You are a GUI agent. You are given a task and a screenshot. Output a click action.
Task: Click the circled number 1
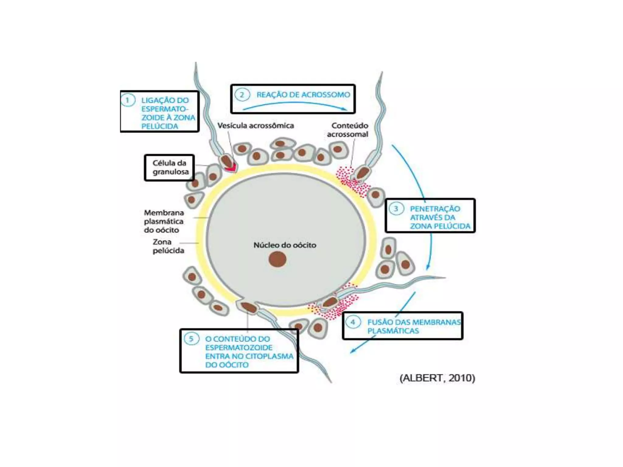tap(128, 100)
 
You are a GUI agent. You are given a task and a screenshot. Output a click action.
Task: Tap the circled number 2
tap(242, 95)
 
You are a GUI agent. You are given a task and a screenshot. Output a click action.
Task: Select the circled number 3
tap(396, 209)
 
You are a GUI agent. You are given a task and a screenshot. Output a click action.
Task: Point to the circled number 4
tap(353, 322)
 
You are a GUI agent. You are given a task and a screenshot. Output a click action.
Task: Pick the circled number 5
tap(191, 339)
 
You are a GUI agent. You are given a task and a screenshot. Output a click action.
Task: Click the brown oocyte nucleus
tap(277, 259)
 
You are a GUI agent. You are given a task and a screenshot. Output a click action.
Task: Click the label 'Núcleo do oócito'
tap(285, 245)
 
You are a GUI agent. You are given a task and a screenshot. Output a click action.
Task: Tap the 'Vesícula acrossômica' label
tap(256, 126)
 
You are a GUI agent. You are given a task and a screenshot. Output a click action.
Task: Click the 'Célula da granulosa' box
tap(169, 168)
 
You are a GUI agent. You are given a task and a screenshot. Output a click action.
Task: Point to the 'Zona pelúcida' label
tap(168, 246)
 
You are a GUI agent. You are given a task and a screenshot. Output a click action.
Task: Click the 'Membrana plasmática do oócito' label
tap(164, 221)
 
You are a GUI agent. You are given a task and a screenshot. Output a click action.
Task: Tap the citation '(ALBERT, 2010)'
tap(437, 378)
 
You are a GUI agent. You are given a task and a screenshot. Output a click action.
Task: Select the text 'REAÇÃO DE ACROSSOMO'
tap(303, 95)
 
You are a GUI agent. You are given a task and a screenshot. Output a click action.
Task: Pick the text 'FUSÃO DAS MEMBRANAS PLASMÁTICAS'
tap(414, 326)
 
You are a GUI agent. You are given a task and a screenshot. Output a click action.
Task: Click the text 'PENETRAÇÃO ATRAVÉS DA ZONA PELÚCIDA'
tap(440, 217)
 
